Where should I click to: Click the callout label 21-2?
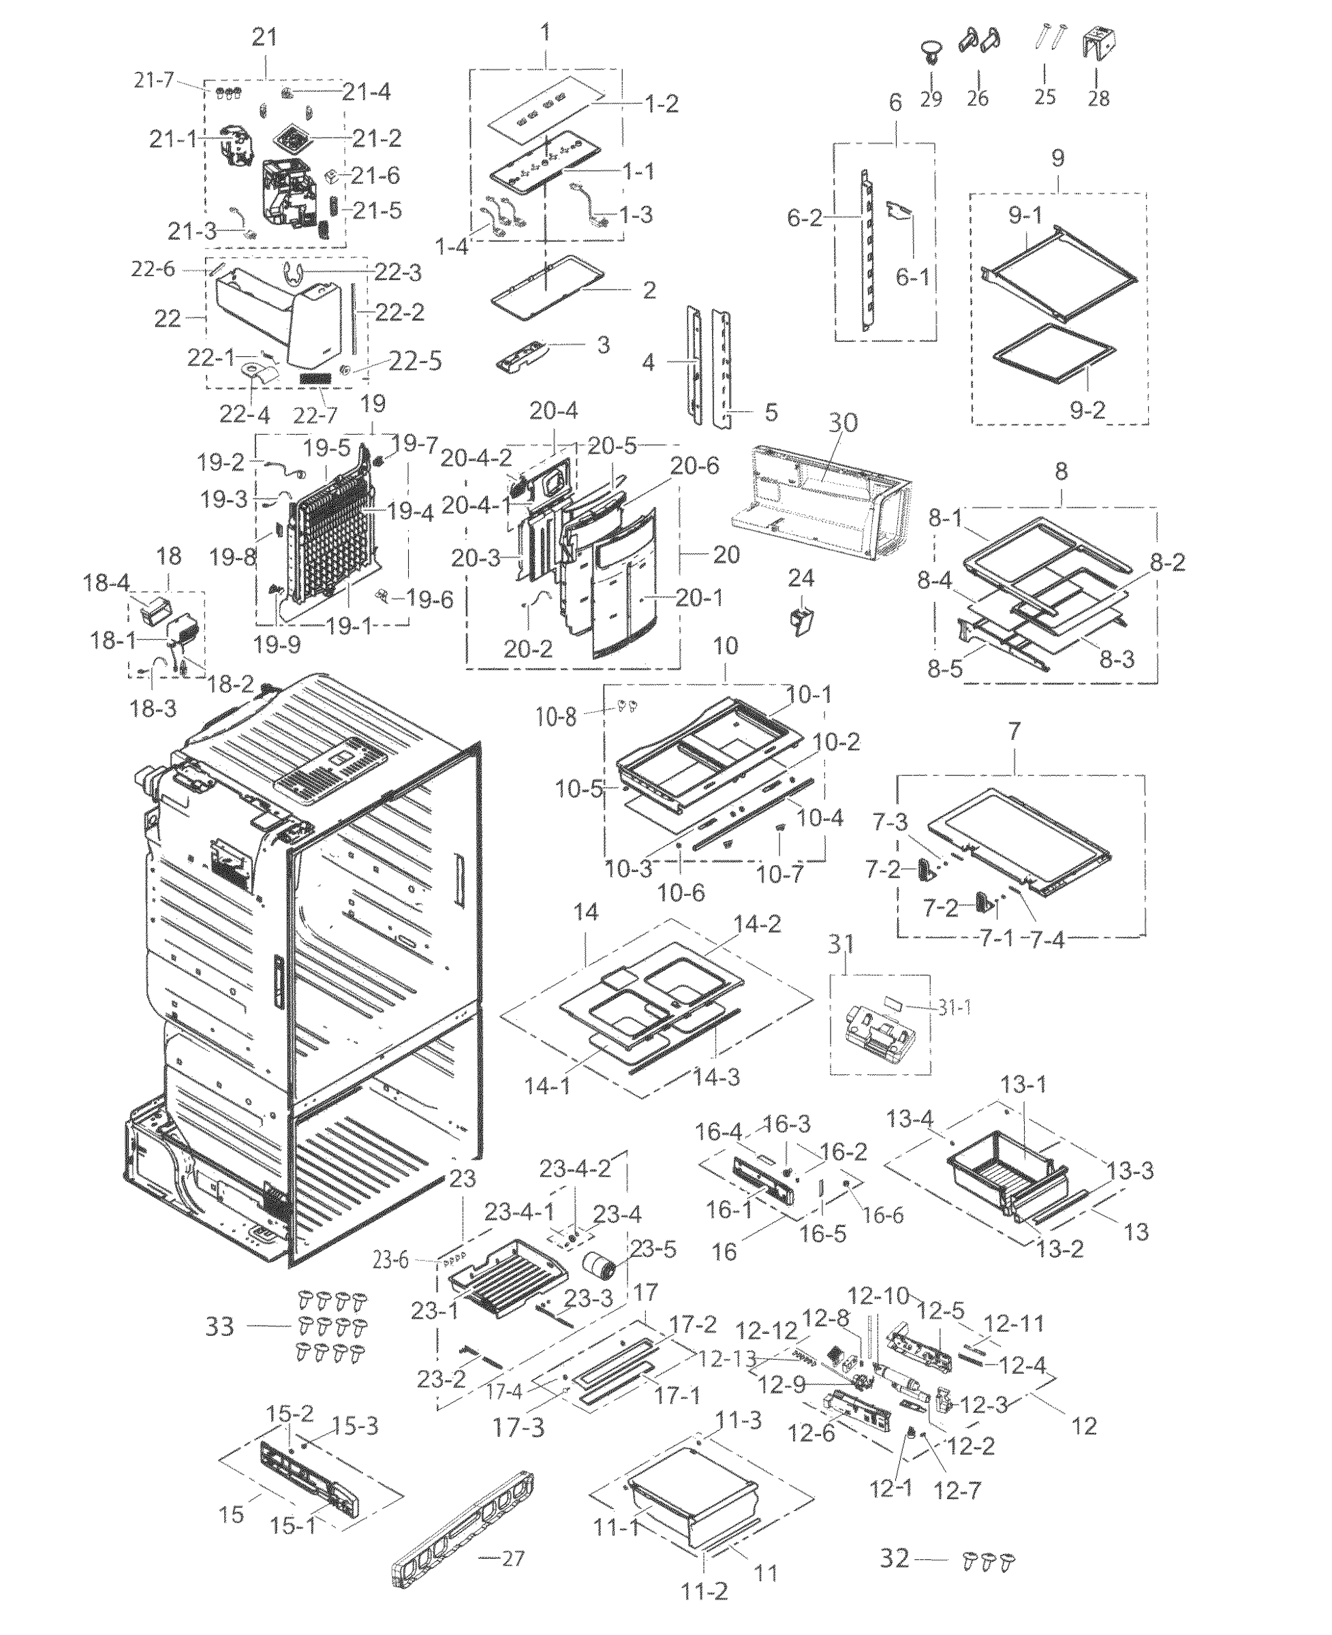point(377,138)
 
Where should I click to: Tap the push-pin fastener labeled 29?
point(931,52)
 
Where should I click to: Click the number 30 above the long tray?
point(843,423)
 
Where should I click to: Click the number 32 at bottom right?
point(894,1558)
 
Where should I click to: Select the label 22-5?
point(415,360)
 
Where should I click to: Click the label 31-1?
point(953,1007)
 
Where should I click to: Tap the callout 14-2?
point(758,924)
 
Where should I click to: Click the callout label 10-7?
point(779,874)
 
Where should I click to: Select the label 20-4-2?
point(476,458)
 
